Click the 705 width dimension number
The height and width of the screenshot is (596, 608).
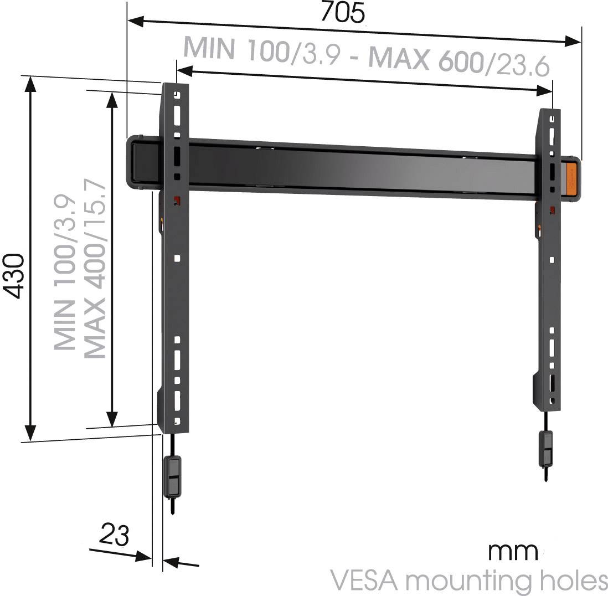coord(343,12)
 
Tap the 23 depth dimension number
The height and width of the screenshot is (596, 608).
coord(114,535)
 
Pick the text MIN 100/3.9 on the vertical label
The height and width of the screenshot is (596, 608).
coord(65,272)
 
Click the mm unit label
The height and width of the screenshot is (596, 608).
coord(512,551)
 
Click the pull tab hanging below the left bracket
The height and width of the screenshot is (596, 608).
coord(173,476)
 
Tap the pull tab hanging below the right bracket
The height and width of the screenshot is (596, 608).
coord(546,448)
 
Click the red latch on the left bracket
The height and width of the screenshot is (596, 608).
coord(178,199)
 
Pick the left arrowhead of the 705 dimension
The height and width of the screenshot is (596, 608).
coord(136,21)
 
